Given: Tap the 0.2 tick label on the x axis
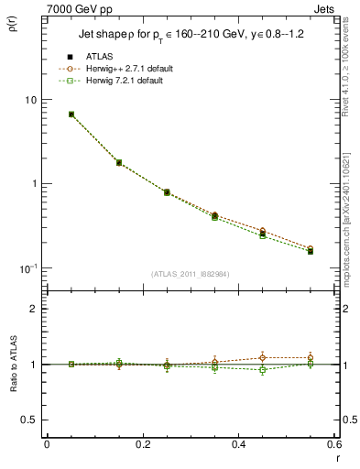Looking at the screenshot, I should [142, 445].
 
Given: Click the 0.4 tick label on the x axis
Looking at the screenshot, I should [238, 445].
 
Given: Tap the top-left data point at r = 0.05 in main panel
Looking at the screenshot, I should [71, 115].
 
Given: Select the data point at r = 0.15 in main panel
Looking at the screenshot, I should [119, 162].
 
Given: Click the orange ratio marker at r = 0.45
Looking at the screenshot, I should [262, 357].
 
